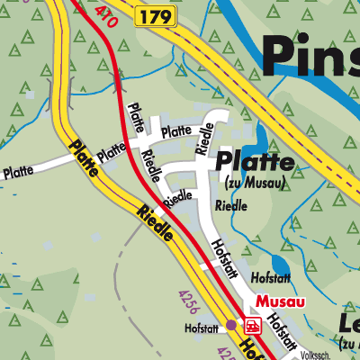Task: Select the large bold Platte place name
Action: coord(255,163)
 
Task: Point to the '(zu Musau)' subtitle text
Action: coord(255,183)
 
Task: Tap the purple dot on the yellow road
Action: coord(231,324)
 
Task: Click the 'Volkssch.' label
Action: coord(320,354)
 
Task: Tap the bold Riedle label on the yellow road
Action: coord(156,222)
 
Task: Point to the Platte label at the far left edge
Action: coord(18,170)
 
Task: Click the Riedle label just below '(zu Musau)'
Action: coord(231,205)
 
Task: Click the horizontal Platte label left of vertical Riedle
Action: coord(176,130)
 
